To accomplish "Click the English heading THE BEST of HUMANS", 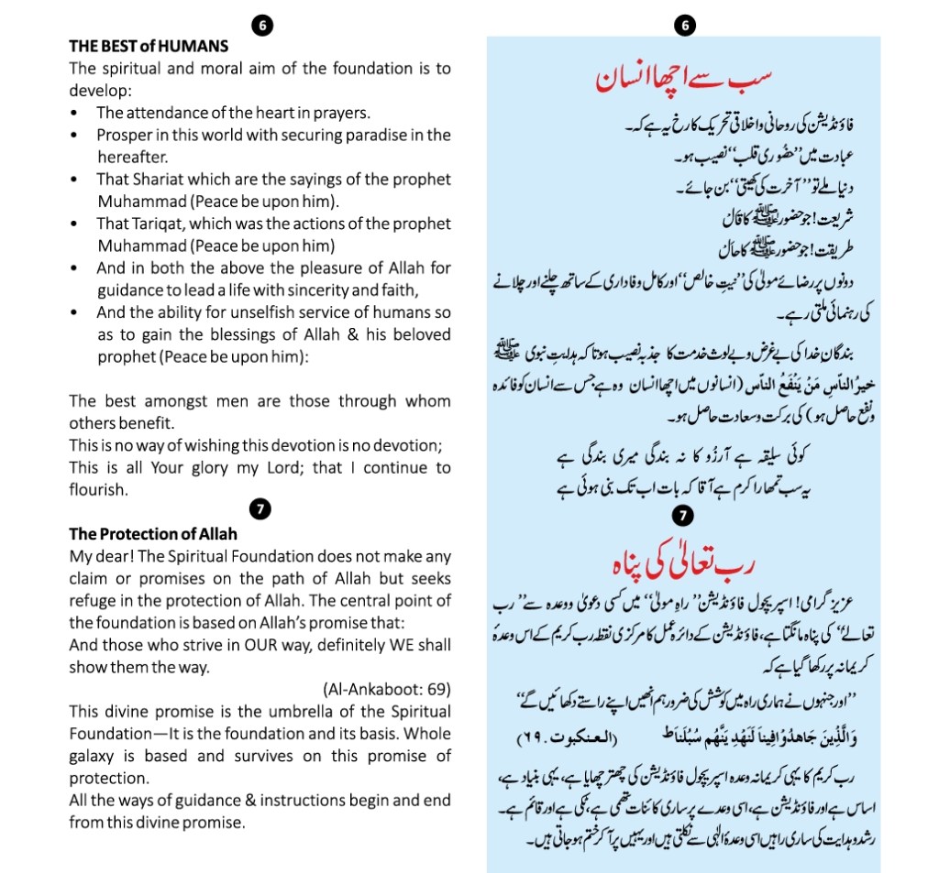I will [x=149, y=45].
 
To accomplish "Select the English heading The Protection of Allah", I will [x=153, y=534].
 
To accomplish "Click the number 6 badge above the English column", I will [x=261, y=26].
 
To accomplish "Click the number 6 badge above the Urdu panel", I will [x=684, y=26].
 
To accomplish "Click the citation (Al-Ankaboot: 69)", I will [x=386, y=689].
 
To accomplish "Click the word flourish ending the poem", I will [x=99, y=490].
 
